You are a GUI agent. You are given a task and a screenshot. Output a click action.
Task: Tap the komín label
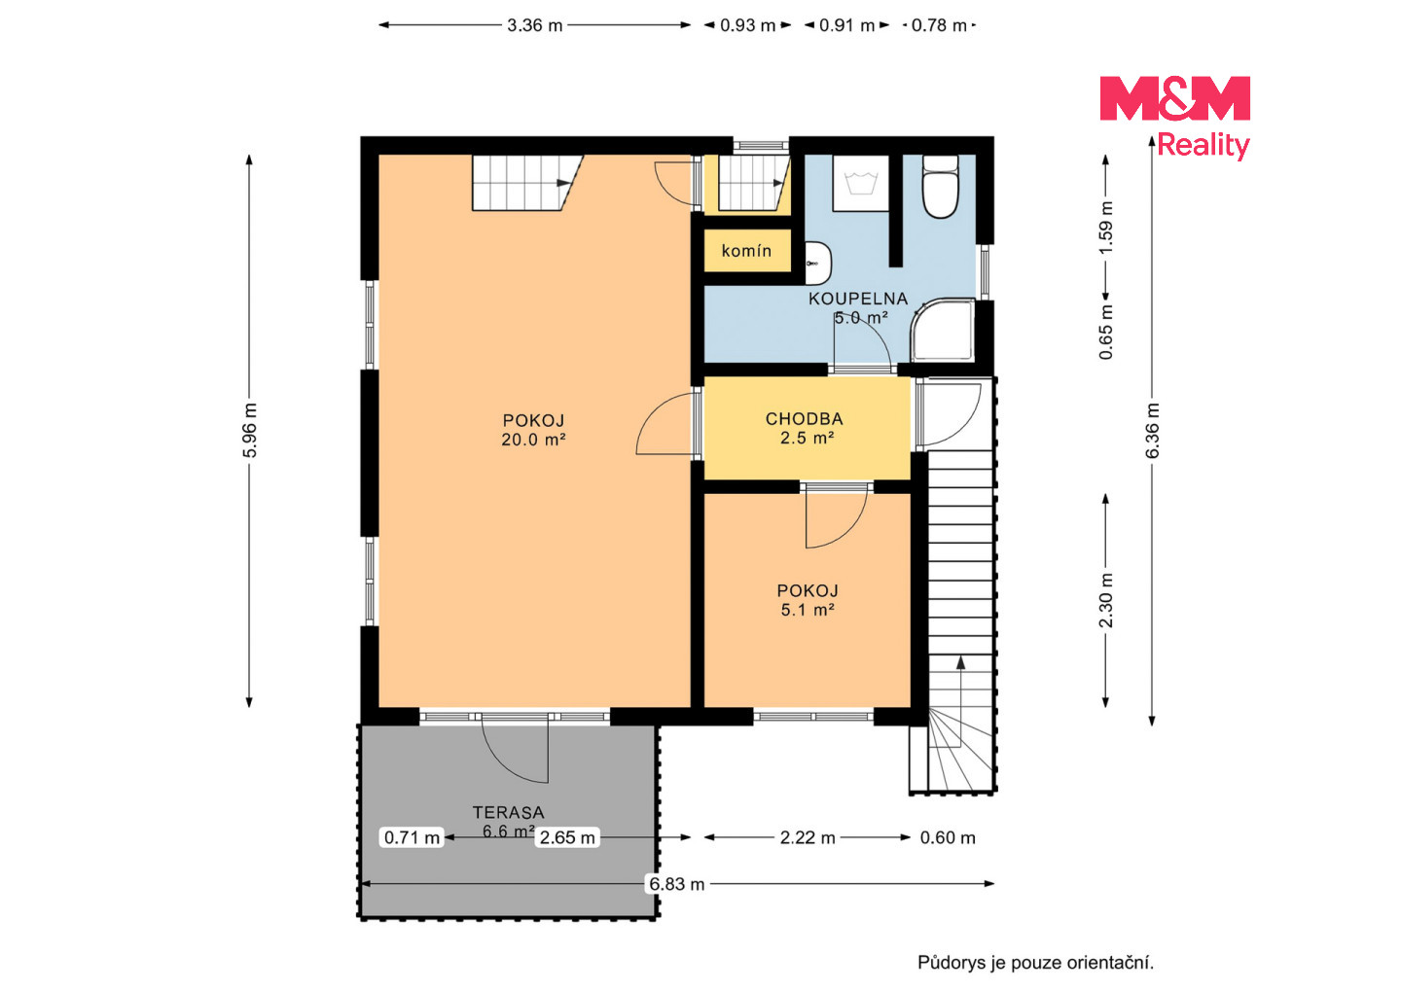tap(746, 251)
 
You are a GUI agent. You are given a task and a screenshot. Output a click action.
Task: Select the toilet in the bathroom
tap(940, 187)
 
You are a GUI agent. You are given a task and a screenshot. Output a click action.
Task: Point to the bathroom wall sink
tap(818, 264)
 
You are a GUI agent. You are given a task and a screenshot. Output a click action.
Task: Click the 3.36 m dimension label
tap(534, 25)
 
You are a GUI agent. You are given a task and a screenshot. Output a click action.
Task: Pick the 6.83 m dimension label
tap(677, 884)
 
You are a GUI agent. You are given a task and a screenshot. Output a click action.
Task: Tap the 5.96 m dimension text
tap(249, 431)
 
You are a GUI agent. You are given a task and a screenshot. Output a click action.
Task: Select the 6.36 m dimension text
tap(1152, 431)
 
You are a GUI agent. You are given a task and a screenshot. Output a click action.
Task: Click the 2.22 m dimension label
tap(808, 837)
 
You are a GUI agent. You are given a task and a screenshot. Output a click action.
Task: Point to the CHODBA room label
tap(805, 419)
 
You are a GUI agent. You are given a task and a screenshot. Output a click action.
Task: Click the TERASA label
tap(509, 813)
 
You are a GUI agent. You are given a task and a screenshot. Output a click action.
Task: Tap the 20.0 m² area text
tap(533, 441)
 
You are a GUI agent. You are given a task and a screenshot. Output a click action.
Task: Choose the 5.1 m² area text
tap(808, 610)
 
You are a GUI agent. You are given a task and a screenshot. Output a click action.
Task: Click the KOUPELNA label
tap(858, 299)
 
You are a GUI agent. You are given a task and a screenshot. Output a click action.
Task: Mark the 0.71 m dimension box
tap(412, 837)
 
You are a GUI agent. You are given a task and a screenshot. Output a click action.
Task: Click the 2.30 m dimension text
tap(1106, 601)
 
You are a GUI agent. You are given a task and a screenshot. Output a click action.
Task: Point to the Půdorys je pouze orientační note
tap(1035, 963)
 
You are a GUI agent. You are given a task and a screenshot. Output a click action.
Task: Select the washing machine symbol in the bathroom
tap(861, 183)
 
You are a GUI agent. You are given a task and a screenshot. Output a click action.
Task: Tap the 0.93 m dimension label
tap(747, 25)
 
